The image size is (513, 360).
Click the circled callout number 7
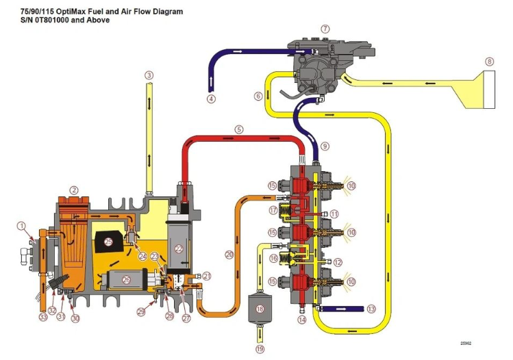coord(325,29)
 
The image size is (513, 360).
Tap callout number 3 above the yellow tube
coord(149,75)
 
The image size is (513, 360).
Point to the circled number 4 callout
coord(211,99)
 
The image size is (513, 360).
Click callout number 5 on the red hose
coord(238,129)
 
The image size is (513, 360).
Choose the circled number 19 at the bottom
coord(260,350)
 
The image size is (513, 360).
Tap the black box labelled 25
coord(108,242)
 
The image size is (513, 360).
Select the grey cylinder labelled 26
coord(126,279)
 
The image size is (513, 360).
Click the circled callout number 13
coord(371,309)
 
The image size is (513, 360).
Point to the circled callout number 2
coord(73,190)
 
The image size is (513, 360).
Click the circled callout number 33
coord(43,318)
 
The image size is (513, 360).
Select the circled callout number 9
coord(325,146)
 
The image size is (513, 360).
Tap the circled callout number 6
coord(258,96)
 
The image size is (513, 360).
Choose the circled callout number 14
coord(302,320)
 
